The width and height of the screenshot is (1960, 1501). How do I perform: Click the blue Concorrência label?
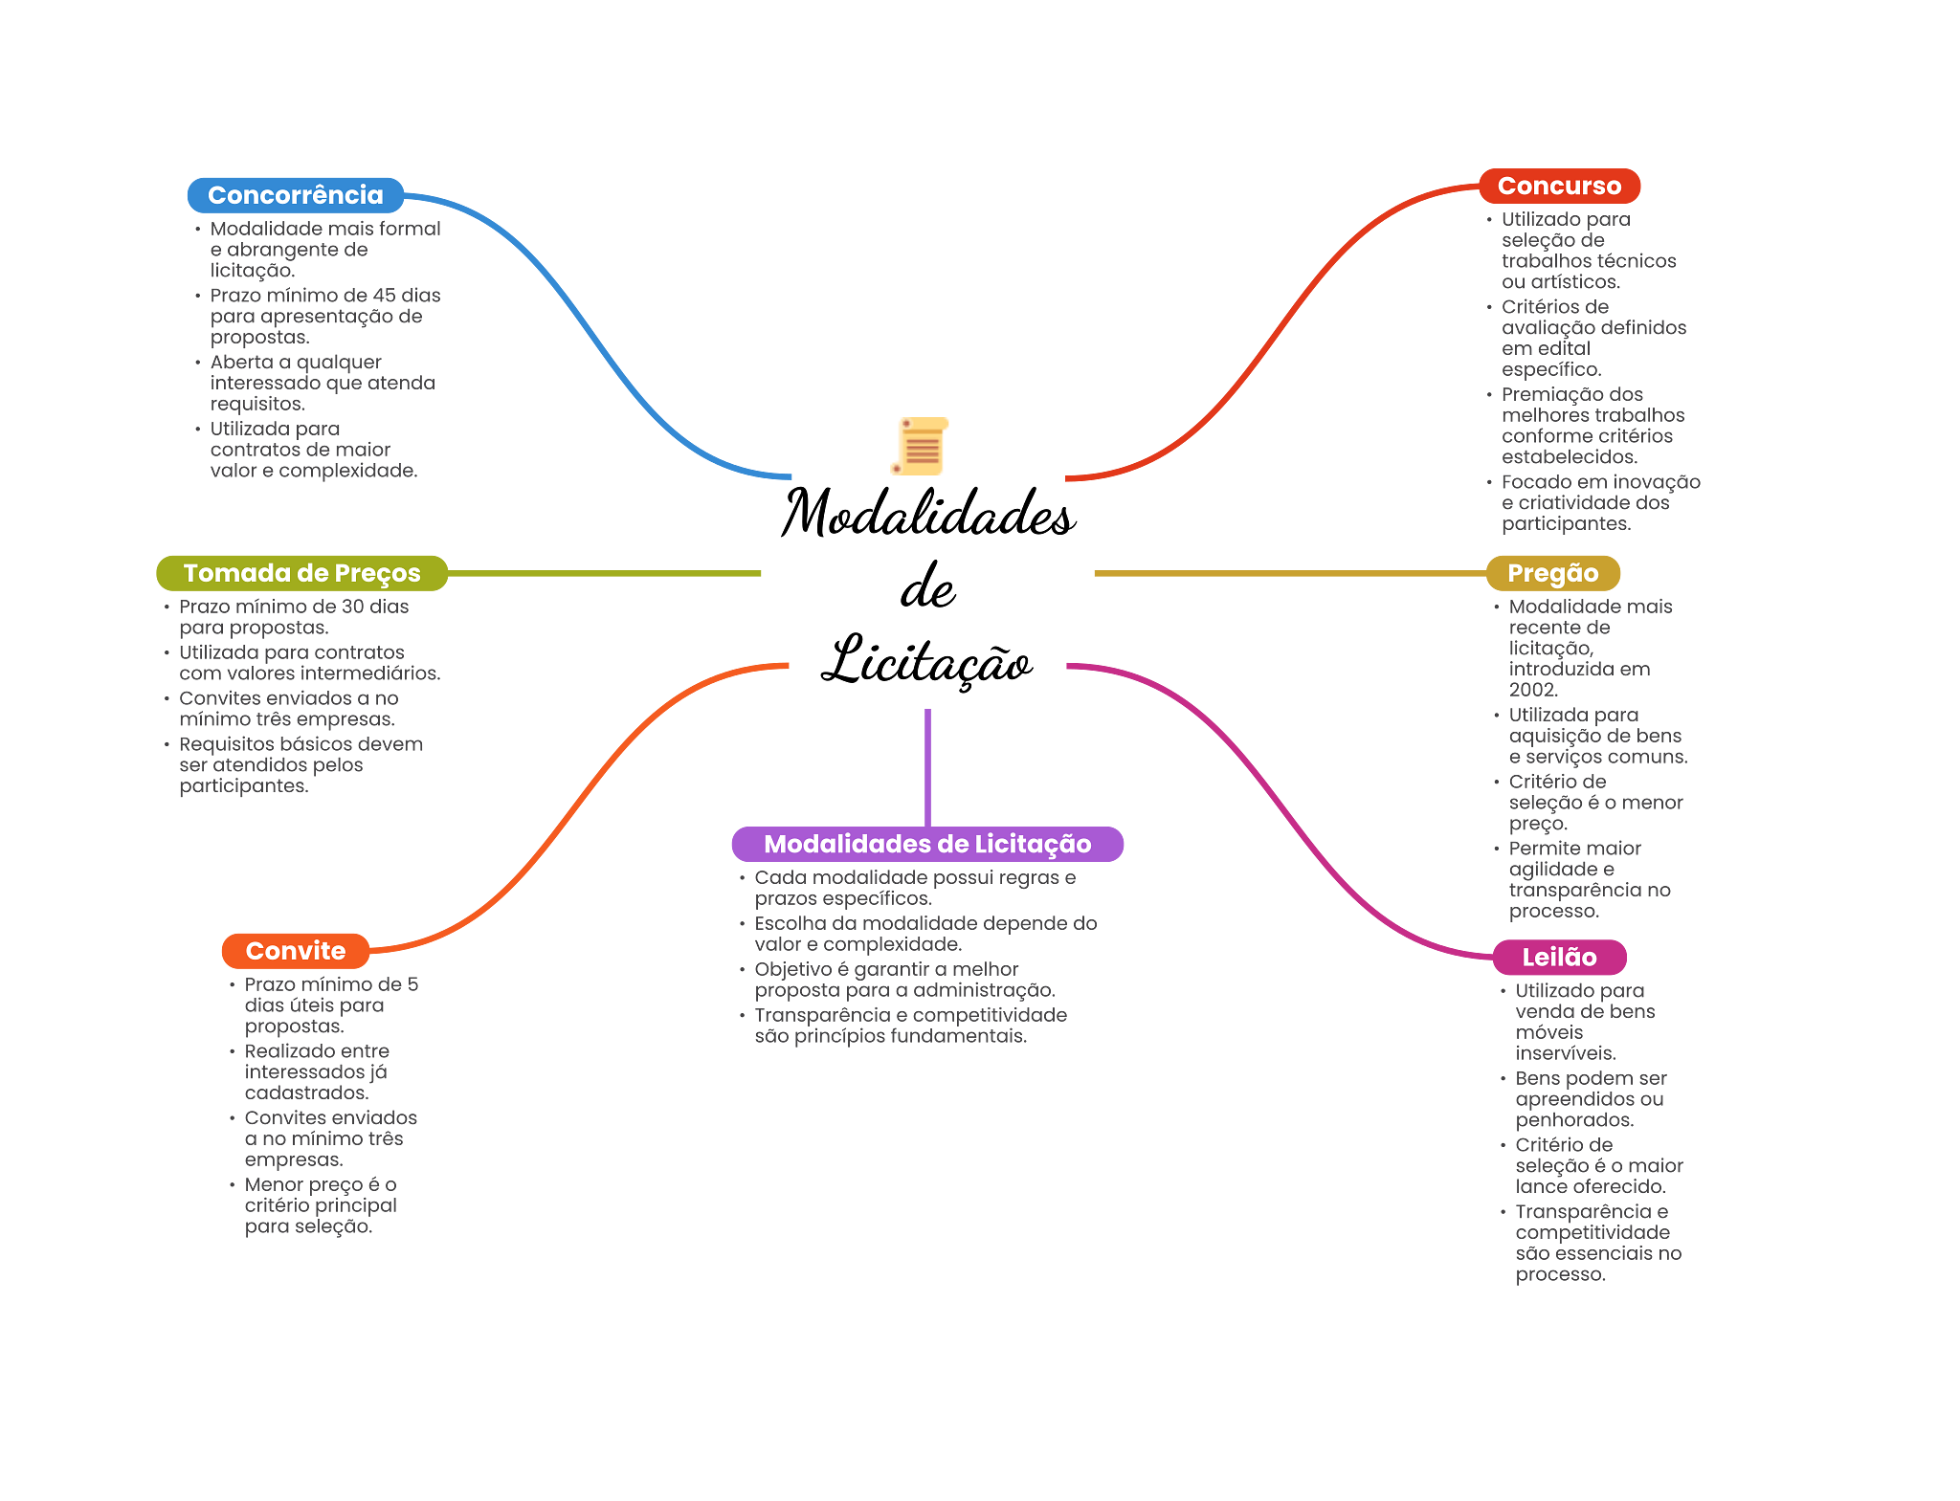(x=295, y=195)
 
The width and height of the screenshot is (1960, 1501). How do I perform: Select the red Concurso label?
(x=1559, y=186)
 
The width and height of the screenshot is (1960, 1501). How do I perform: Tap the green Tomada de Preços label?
(x=301, y=573)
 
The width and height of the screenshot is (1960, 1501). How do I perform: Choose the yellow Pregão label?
(x=1552, y=573)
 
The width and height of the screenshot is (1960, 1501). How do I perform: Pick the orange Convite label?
(x=295, y=951)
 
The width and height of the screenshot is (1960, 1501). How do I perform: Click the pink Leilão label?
(x=1559, y=957)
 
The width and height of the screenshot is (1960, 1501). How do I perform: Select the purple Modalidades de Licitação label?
(x=926, y=844)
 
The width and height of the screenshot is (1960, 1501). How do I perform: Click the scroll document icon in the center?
(x=920, y=446)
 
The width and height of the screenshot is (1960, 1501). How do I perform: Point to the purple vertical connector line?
(x=927, y=765)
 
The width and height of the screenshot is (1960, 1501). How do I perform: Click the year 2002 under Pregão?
(x=1533, y=690)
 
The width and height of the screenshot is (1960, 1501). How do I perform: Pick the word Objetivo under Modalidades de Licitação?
(x=792, y=969)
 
